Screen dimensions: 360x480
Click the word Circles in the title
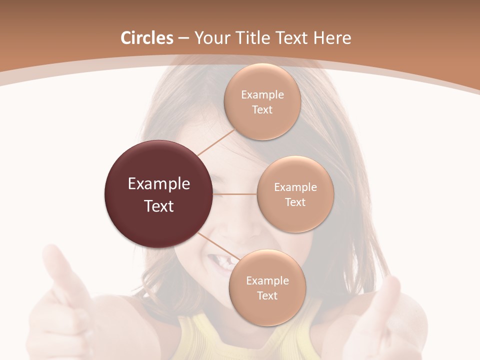pyautogui.click(x=147, y=38)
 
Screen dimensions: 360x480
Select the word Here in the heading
pyautogui.click(x=332, y=38)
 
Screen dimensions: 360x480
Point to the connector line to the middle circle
pyautogui.click(x=235, y=194)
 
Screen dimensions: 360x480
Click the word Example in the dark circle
pyautogui.click(x=159, y=184)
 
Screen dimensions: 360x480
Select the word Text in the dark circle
pyautogui.click(x=159, y=206)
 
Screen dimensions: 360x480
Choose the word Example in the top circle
pyautogui.click(x=262, y=95)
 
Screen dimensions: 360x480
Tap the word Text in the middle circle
pyautogui.click(x=295, y=202)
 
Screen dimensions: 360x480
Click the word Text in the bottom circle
pyautogui.click(x=267, y=295)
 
